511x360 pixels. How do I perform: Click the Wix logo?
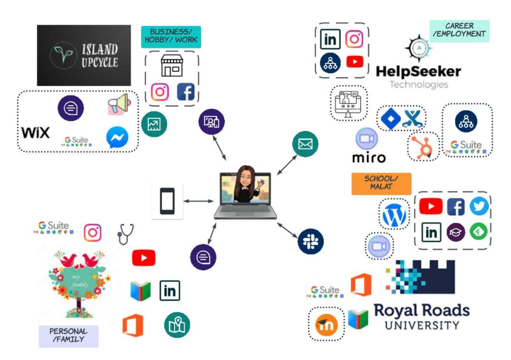[x=35, y=133]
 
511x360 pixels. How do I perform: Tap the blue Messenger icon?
[x=117, y=137]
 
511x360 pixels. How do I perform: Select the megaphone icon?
[x=120, y=104]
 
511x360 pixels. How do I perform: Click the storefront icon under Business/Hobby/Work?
[x=172, y=65]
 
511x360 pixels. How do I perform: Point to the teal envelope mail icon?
[x=305, y=144]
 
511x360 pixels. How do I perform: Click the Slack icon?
[x=310, y=241]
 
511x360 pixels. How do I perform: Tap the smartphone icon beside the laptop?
[x=167, y=201]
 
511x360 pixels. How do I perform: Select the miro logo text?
[x=369, y=158]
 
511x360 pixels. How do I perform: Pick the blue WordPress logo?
[x=394, y=214]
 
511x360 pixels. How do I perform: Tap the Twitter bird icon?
[x=480, y=206]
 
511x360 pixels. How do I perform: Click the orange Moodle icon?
[x=326, y=325]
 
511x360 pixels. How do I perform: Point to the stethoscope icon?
[x=125, y=234]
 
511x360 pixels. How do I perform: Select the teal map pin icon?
[x=177, y=325]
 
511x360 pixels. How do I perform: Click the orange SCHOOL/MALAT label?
[x=381, y=184]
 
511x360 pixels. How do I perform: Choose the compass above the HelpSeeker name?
[x=419, y=48]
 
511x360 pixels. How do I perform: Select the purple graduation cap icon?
[x=456, y=232]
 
